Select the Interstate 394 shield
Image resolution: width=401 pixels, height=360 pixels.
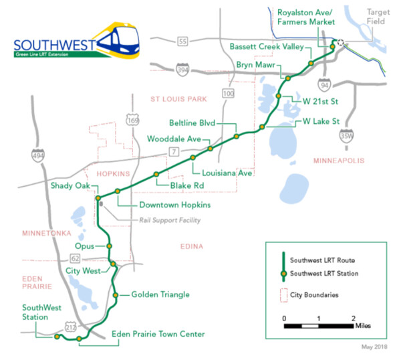pos(183,69)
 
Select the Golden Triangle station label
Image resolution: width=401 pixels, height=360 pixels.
pos(160,294)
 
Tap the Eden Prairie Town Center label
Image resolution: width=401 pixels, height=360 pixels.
pos(158,333)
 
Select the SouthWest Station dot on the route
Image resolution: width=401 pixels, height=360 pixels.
pos(57,337)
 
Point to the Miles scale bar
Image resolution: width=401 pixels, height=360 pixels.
pos(318,326)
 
